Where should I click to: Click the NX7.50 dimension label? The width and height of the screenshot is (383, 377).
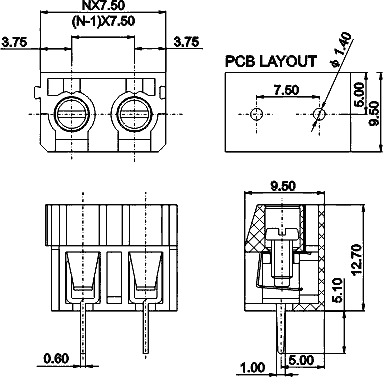tap(103, 5)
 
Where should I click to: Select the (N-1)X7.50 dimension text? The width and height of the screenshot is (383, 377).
tap(103, 21)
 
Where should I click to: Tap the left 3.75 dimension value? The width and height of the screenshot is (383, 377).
tap(14, 42)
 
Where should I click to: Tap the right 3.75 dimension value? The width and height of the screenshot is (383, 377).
tap(186, 42)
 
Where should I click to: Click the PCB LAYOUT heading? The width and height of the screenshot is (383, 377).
tap(271, 62)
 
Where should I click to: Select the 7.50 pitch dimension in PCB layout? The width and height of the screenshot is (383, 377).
tap(287, 90)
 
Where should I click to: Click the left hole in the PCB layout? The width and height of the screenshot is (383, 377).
tap(257, 114)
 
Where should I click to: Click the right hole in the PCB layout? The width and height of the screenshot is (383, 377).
tap(319, 114)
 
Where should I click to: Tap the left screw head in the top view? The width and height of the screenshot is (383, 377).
tap(72, 114)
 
